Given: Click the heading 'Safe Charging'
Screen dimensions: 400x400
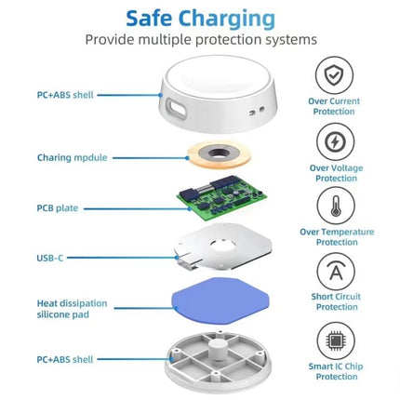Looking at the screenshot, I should (200, 18).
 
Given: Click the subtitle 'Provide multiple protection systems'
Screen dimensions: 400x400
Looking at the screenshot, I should (200, 40).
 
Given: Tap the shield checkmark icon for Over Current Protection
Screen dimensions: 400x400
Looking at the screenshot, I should (335, 74).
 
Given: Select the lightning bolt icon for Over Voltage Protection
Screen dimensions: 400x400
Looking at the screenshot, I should (335, 141).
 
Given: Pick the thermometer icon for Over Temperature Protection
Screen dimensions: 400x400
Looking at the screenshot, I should (335, 206).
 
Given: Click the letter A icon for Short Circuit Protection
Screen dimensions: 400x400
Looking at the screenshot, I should (335, 272).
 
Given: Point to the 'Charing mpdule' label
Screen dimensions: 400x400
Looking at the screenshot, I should (68, 158).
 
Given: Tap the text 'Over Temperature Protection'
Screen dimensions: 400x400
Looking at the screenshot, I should (336, 236).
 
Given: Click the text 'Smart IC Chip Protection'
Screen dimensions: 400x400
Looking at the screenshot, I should (336, 372).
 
